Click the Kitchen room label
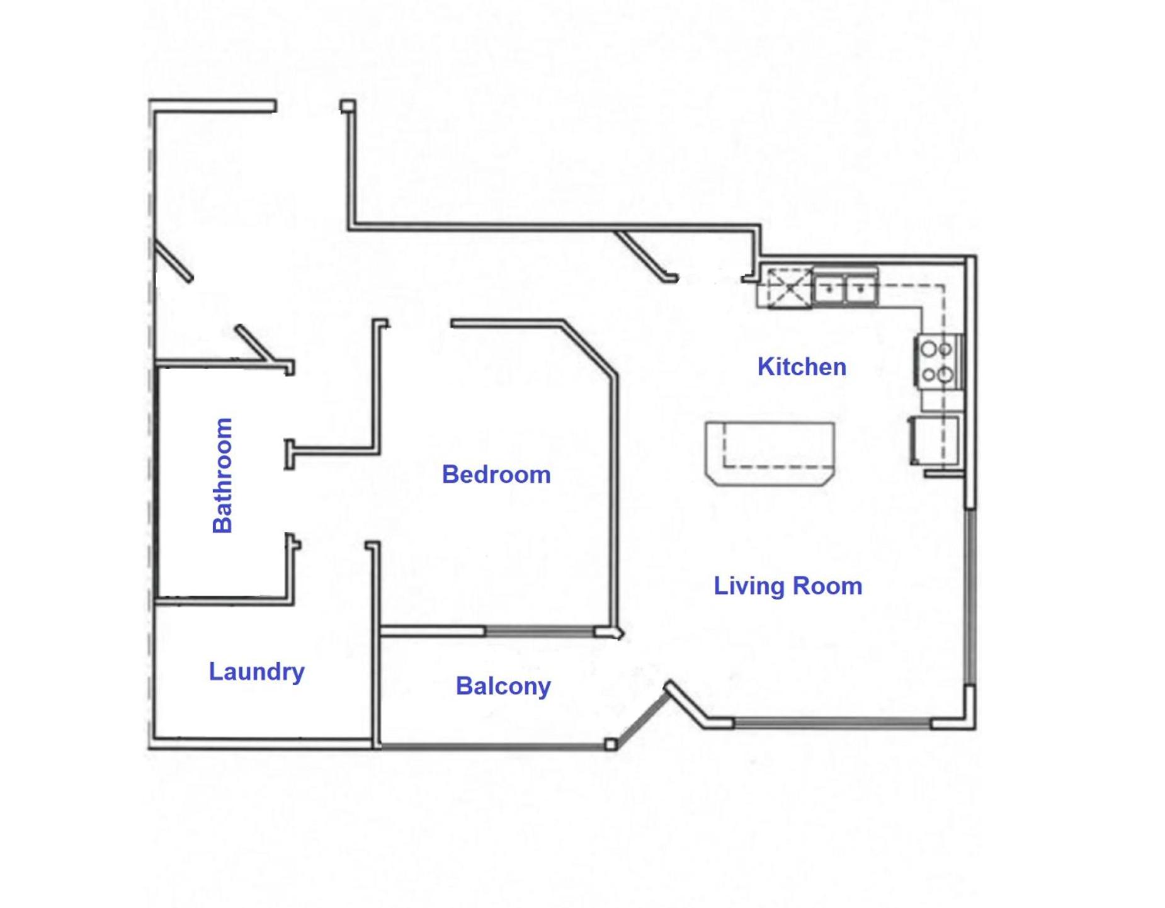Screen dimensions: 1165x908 coord(801,366)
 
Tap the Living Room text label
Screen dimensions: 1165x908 coord(787,586)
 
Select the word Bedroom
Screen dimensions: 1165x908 coord(496,474)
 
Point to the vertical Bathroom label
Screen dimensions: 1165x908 coord(222,475)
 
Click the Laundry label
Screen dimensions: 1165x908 coord(256,672)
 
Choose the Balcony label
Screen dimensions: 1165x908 coord(503,686)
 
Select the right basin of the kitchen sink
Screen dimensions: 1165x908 coord(860,289)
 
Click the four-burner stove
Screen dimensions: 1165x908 coord(938,361)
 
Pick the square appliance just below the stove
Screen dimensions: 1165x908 coord(934,440)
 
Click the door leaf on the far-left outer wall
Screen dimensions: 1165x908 coord(173,260)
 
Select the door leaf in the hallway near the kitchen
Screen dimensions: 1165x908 coord(645,255)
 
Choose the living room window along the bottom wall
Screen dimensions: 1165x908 coord(833,724)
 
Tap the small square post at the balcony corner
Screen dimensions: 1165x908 coord(610,745)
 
